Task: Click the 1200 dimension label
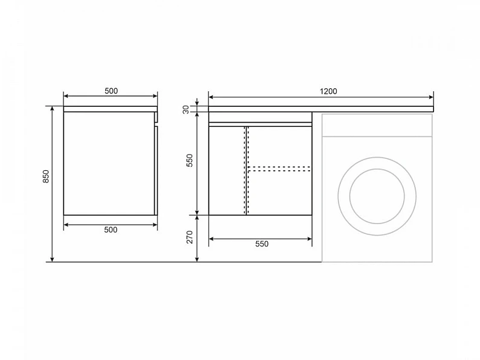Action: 328,91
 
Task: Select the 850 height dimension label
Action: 45,176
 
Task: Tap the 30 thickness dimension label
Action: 186,109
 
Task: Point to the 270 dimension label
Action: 189,237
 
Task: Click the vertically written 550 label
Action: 189,160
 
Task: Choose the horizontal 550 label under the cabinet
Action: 262,244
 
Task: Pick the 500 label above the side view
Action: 111,91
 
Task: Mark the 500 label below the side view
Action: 111,230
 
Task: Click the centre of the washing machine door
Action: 377,196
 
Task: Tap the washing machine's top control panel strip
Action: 377,125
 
